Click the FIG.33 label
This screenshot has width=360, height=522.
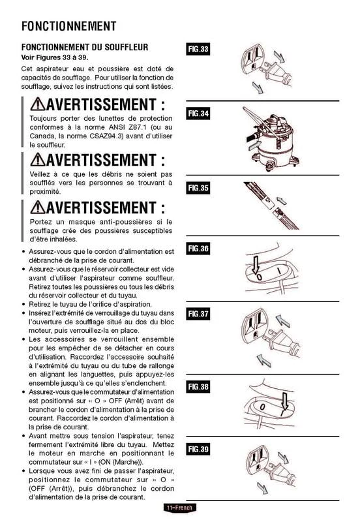[198, 50]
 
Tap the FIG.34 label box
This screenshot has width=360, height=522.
[198, 114]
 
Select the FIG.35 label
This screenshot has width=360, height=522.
[198, 188]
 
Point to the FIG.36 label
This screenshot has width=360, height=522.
[198, 249]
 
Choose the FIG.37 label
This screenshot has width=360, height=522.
[198, 314]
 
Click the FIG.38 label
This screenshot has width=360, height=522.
[198, 387]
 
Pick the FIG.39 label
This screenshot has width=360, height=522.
[198, 449]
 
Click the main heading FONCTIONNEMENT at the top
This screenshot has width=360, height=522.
[69, 26]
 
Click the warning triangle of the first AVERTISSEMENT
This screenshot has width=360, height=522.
[38, 104]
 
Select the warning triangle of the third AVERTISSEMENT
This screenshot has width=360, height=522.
[38, 207]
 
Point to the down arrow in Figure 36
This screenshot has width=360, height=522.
[256, 265]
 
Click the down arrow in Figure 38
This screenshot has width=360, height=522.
[284, 401]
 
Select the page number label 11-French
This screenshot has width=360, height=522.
[179, 508]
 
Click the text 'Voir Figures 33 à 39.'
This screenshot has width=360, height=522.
[55, 57]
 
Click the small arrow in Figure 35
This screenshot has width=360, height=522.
[282, 200]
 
